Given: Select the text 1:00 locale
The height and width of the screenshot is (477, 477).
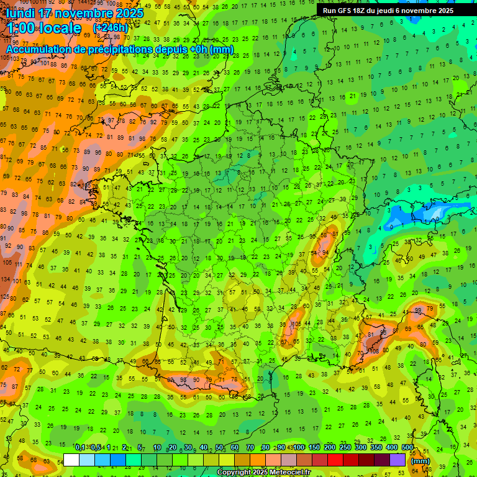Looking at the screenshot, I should pyautogui.click(x=44, y=28).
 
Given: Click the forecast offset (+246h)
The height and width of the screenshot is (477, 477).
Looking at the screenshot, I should pyautogui.click(x=110, y=28).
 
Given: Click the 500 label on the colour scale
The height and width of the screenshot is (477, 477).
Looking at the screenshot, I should pyautogui.click(x=407, y=447).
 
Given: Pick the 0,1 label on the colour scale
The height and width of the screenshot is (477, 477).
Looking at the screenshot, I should pyautogui.click(x=79, y=447).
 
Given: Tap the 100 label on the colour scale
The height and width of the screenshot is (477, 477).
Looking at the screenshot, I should pyautogui.click(x=299, y=447).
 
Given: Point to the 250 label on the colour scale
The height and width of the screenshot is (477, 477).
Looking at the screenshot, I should pyautogui.click(x=345, y=447).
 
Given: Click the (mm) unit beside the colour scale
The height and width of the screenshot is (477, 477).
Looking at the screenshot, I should pyautogui.click(x=420, y=461).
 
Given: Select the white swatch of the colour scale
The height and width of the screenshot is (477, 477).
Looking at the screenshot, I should pyautogui.click(x=71, y=460).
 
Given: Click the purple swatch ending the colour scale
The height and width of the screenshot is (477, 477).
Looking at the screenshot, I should pyautogui.click(x=397, y=460).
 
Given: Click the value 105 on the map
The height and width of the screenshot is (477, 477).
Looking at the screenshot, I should pyautogui.click(x=297, y=324).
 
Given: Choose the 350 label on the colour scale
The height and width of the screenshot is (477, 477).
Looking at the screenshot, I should pyautogui.click(x=376, y=447).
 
